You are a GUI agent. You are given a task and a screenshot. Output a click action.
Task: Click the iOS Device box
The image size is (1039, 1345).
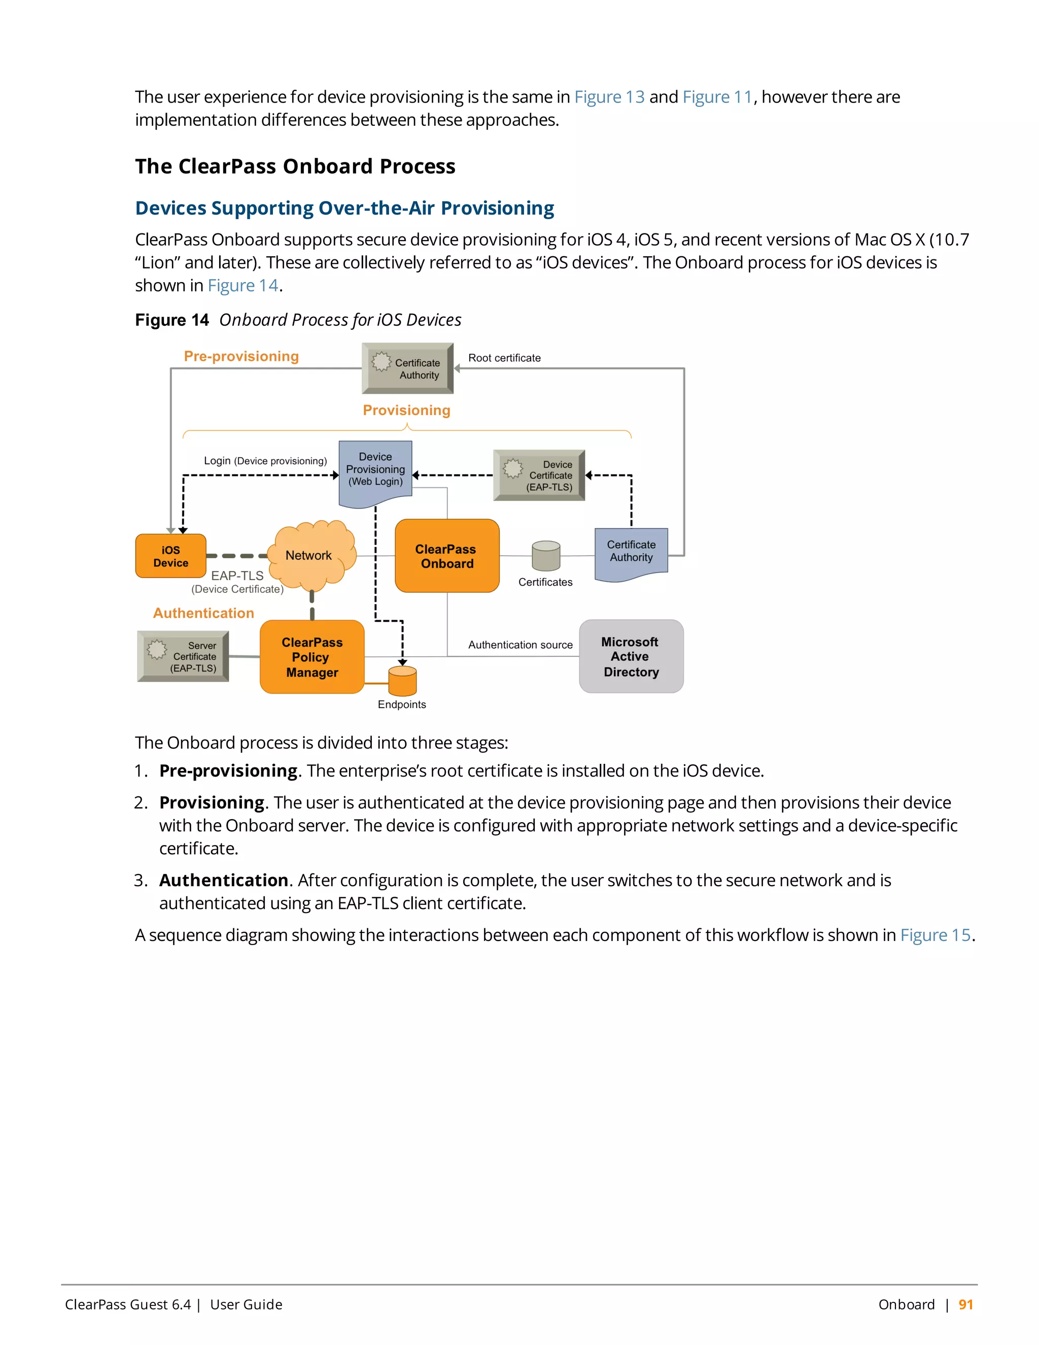click(x=170, y=556)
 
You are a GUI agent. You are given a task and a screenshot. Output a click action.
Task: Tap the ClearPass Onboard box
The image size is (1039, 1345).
click(x=447, y=556)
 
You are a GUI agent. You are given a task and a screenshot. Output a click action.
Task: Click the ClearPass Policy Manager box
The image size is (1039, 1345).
click(x=312, y=657)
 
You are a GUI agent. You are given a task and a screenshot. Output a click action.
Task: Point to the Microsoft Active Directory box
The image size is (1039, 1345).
click(x=631, y=656)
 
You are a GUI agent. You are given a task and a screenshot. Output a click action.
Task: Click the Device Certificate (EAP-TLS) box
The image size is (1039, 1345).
click(x=539, y=476)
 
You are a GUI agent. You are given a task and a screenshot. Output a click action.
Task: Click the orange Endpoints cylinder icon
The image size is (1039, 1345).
click(x=402, y=681)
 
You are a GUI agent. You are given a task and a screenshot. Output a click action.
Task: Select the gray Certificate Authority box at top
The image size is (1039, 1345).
click(x=407, y=368)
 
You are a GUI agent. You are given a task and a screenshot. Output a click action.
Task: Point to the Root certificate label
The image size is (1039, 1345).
click(x=504, y=358)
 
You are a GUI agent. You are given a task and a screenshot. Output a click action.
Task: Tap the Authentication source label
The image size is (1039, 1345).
click(x=520, y=645)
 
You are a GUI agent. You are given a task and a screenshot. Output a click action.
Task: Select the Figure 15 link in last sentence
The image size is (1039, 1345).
click(x=935, y=935)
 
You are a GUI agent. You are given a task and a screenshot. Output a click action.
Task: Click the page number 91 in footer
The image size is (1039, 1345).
click(x=965, y=1304)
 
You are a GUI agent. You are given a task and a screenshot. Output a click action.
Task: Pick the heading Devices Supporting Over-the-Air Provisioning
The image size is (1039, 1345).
click(x=344, y=208)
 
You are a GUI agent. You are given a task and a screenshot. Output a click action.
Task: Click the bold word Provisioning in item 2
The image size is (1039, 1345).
click(x=212, y=802)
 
